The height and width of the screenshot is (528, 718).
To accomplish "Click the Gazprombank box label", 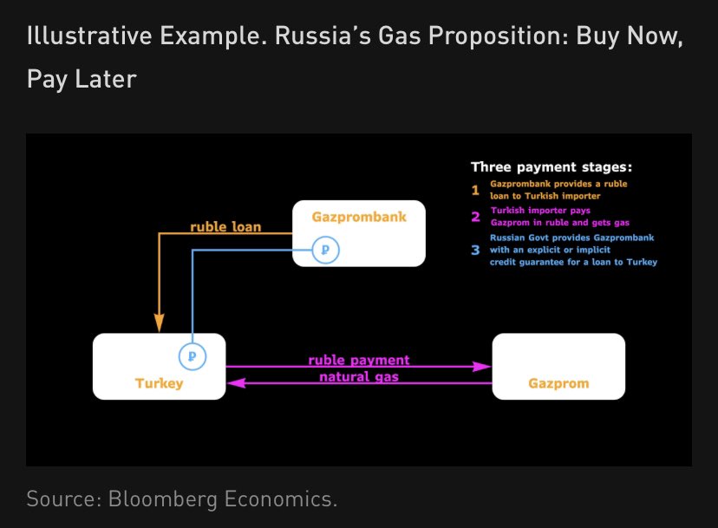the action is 358,217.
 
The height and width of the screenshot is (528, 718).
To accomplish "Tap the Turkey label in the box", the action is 159,382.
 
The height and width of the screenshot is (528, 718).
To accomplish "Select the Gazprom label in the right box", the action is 558,382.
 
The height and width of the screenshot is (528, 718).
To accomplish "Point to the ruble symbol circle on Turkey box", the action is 193,355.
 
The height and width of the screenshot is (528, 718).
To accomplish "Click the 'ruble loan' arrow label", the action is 225,228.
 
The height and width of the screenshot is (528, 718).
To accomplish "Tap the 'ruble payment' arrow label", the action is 358,360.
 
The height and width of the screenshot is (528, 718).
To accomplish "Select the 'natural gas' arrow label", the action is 358,377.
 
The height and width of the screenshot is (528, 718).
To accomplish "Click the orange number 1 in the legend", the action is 475,190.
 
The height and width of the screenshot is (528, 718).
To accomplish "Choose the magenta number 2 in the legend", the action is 475,217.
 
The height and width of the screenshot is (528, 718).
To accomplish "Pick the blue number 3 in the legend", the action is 475,250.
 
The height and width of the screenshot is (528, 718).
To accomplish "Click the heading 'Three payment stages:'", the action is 552,166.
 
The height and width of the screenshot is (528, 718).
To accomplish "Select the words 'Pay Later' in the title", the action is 82,79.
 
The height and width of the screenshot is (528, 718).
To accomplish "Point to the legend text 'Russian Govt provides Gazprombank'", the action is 571,238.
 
